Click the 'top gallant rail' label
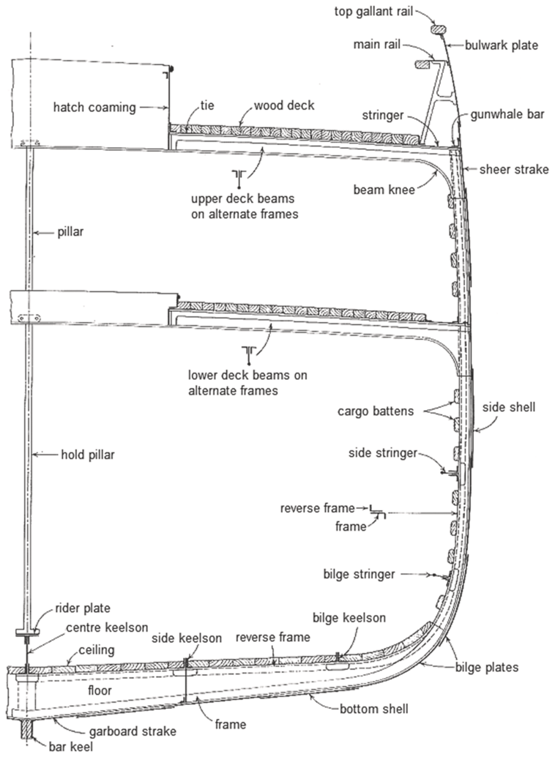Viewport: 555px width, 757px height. coord(374,11)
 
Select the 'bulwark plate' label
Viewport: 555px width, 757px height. coord(502,45)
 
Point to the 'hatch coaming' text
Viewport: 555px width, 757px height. coord(94,107)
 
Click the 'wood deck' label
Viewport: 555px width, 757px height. coord(284,105)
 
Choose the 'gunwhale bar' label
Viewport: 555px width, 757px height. coord(507,114)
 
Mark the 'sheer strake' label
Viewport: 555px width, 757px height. coord(514,169)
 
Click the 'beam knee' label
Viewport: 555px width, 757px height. coord(384,190)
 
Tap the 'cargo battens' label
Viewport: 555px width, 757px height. coord(376,411)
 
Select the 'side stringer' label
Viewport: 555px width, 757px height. coord(382,453)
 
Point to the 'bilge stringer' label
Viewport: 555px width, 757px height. coord(359,574)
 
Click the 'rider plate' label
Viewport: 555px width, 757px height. coord(83,608)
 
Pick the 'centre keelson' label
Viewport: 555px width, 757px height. coord(107,627)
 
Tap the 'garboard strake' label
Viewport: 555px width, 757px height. coord(133,731)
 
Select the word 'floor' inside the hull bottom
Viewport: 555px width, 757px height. coord(100,690)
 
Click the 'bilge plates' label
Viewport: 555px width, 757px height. coord(487,668)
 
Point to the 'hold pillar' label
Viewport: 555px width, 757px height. coord(87,455)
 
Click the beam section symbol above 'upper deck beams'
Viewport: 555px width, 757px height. coord(239,177)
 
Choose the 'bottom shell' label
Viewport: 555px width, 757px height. coord(374,709)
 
